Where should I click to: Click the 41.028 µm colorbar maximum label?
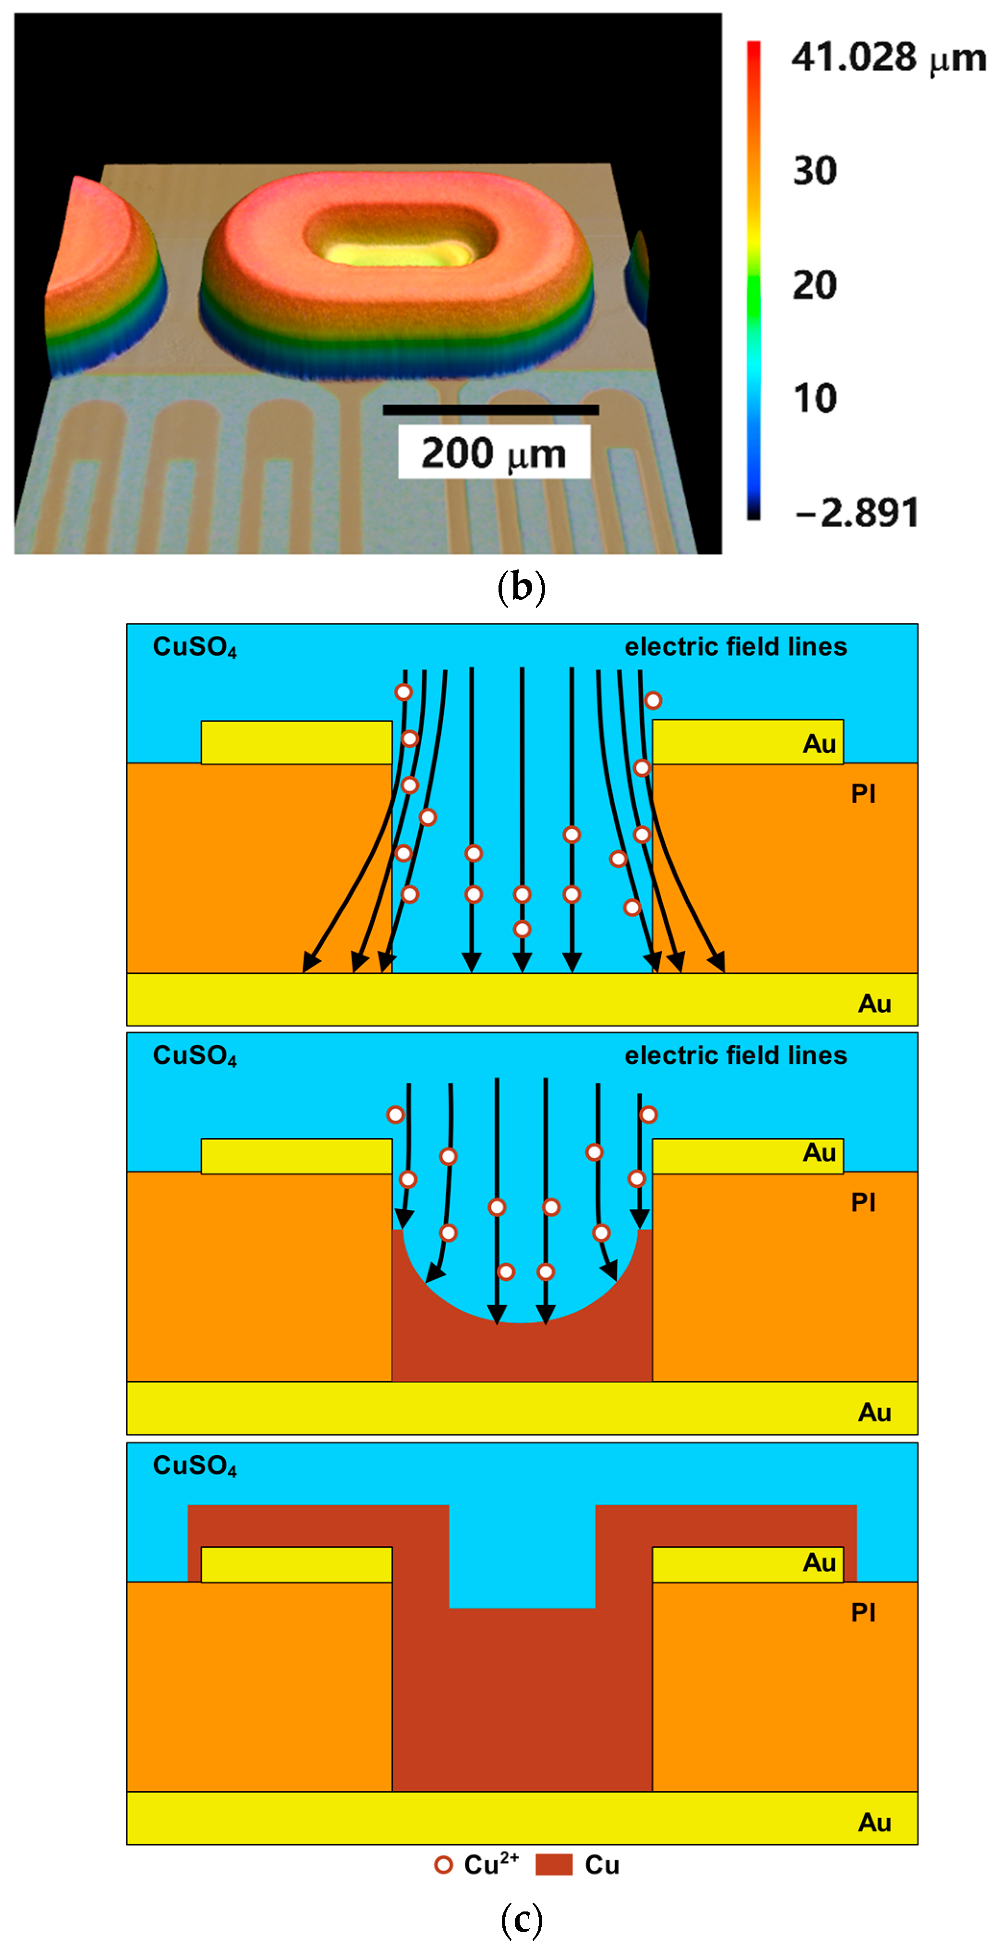888,58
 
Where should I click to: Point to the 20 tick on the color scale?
814,285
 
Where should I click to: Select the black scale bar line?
490,410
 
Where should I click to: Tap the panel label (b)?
521,587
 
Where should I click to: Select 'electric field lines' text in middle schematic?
735,1055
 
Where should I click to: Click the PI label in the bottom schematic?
863,1612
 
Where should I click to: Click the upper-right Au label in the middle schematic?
819,1153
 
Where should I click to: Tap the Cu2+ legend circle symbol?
444,1864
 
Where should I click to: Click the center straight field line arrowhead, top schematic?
522,961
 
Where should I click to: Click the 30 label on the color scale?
814,171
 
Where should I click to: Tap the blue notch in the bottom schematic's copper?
522,1557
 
